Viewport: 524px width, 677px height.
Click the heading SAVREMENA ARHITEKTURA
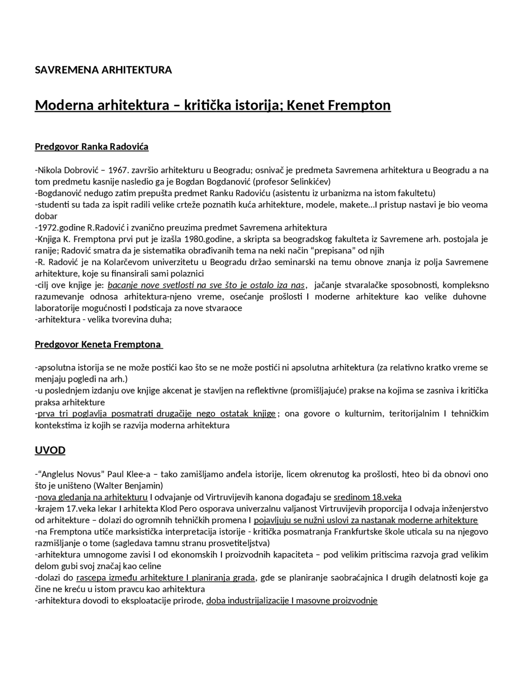(x=103, y=70)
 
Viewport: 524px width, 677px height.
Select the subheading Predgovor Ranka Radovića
(x=91, y=146)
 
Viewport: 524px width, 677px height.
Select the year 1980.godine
(x=208, y=239)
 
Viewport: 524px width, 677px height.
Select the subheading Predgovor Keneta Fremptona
(x=98, y=344)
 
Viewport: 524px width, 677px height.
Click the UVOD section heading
(x=50, y=450)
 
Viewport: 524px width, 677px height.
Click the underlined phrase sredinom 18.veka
(x=367, y=497)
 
